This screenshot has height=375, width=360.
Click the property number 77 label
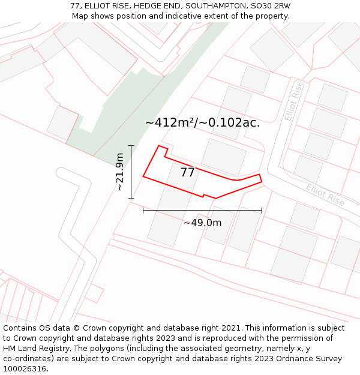pos(188,173)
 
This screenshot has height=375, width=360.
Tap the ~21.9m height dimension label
pos(120,172)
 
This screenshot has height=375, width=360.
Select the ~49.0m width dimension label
pos(202,223)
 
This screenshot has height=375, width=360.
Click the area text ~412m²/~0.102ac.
pos(202,123)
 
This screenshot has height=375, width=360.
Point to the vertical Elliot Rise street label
pos(294,101)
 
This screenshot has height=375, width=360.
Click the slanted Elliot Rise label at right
pos(325,195)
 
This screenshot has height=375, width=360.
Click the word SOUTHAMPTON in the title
pos(211,6)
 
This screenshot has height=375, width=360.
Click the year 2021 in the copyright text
pos(230,328)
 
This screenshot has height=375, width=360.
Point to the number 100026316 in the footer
pos(25,369)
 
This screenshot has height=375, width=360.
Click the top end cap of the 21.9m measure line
pos(131,146)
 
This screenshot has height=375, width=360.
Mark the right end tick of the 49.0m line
pos(262,210)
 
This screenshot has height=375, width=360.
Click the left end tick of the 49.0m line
pos(143,210)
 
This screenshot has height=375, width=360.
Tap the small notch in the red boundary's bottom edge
pos(206,196)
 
